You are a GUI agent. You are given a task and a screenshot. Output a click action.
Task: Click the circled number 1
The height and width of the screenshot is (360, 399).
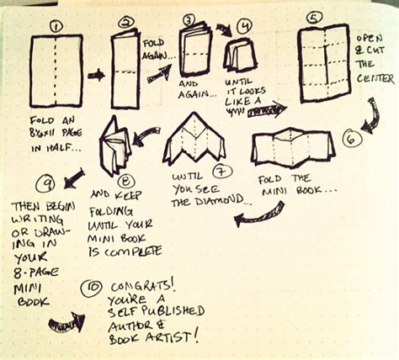click(56, 25)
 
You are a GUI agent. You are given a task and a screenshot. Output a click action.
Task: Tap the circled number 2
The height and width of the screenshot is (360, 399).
click(127, 23)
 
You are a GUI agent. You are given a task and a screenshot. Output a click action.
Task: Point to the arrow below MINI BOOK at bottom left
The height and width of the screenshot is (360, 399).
click(66, 320)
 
